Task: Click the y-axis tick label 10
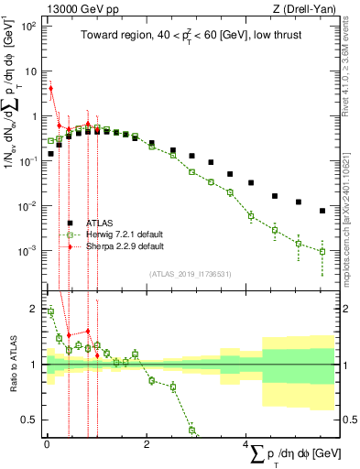[x=30, y=71]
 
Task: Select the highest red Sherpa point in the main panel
[x=51, y=89]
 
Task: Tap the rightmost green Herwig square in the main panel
[x=322, y=251]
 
